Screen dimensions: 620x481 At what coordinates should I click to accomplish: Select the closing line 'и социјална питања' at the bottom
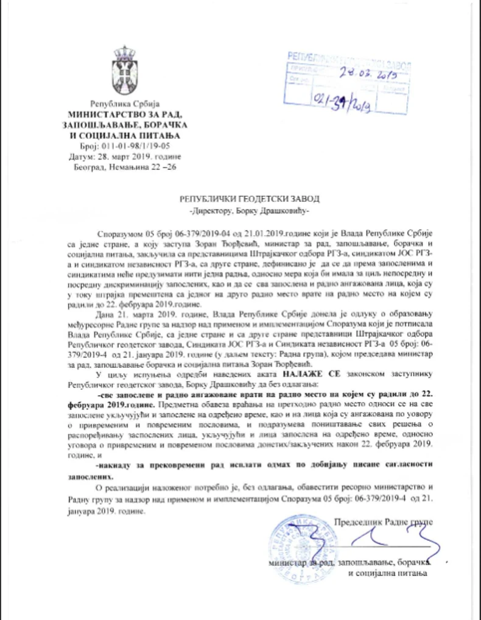387,573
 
